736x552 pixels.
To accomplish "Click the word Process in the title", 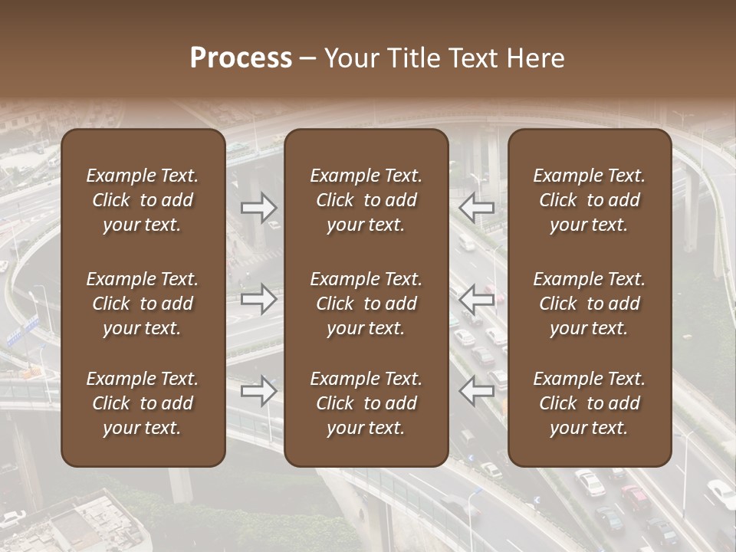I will click(241, 58).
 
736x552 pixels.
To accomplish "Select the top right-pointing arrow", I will click(258, 207).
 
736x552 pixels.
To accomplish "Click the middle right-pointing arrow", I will click(258, 299).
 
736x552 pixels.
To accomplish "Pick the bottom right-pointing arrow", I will click(258, 391).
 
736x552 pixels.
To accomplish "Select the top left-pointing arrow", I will click(476, 207).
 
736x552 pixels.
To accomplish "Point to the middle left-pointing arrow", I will click(476, 299).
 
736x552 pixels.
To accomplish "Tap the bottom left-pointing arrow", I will click(476, 391).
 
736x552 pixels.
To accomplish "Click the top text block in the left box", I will click(143, 200).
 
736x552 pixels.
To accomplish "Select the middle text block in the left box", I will click(143, 304).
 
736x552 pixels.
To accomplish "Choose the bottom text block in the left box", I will click(143, 403).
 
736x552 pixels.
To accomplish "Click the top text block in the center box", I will click(366, 200).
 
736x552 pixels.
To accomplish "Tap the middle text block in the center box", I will click(366, 304).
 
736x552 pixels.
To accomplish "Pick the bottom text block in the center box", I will click(366, 403).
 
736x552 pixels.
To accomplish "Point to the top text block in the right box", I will click(590, 200).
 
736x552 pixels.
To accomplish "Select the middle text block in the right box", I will click(590, 304).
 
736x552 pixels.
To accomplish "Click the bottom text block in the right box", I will click(590, 403).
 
